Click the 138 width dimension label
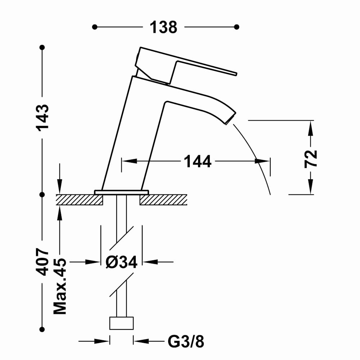click(163, 27)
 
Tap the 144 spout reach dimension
click(198, 161)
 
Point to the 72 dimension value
click(311, 159)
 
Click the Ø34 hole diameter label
click(121, 262)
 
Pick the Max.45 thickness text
click(60, 286)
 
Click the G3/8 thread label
click(186, 342)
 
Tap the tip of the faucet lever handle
click(236, 74)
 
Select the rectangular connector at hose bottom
click(121, 323)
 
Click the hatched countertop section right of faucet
click(163, 199)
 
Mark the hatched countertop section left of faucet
click(80, 199)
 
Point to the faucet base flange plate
click(121, 192)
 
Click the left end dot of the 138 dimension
click(95, 27)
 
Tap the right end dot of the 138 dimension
click(237, 27)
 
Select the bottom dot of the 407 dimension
click(42, 329)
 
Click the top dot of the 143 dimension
click(42, 48)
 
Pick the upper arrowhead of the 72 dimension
click(310, 128)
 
